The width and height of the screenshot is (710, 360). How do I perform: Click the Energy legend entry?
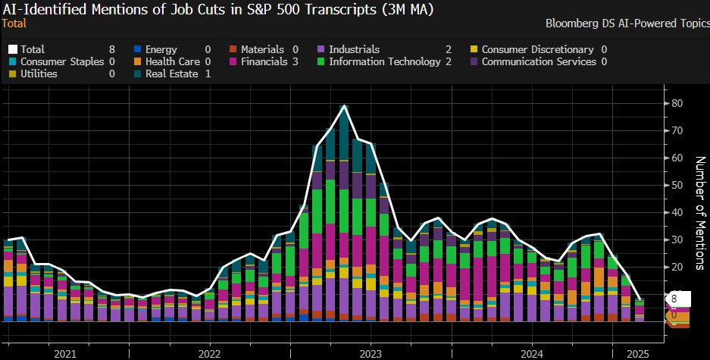161,49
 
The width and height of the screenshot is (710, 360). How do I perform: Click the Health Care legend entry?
170,61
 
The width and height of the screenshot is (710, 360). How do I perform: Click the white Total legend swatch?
12,49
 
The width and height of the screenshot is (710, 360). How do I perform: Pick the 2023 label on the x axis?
371,353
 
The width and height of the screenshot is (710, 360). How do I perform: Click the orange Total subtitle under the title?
14,23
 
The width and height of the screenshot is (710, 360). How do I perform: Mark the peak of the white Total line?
345,106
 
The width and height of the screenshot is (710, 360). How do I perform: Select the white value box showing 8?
674,298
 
